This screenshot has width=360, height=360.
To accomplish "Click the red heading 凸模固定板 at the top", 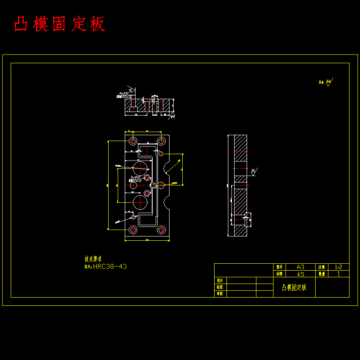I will [60, 24].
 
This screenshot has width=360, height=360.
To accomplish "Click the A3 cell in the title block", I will [300, 267].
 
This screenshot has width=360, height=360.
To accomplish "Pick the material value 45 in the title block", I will [300, 274].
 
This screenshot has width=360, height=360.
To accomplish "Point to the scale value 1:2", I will [338, 267].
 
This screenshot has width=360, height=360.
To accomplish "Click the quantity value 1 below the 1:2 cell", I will [338, 274].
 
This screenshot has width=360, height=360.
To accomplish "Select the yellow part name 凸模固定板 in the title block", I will [294, 287].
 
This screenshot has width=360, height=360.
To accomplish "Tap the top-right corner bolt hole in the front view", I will [161, 141].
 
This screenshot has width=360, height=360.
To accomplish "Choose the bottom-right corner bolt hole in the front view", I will [161, 229].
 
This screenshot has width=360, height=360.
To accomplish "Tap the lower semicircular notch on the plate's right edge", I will [169, 204].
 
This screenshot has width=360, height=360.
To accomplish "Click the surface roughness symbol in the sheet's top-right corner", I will [328, 82].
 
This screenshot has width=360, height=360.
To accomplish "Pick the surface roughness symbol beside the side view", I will [253, 171].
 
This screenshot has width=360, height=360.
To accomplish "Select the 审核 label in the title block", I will [219, 294].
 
